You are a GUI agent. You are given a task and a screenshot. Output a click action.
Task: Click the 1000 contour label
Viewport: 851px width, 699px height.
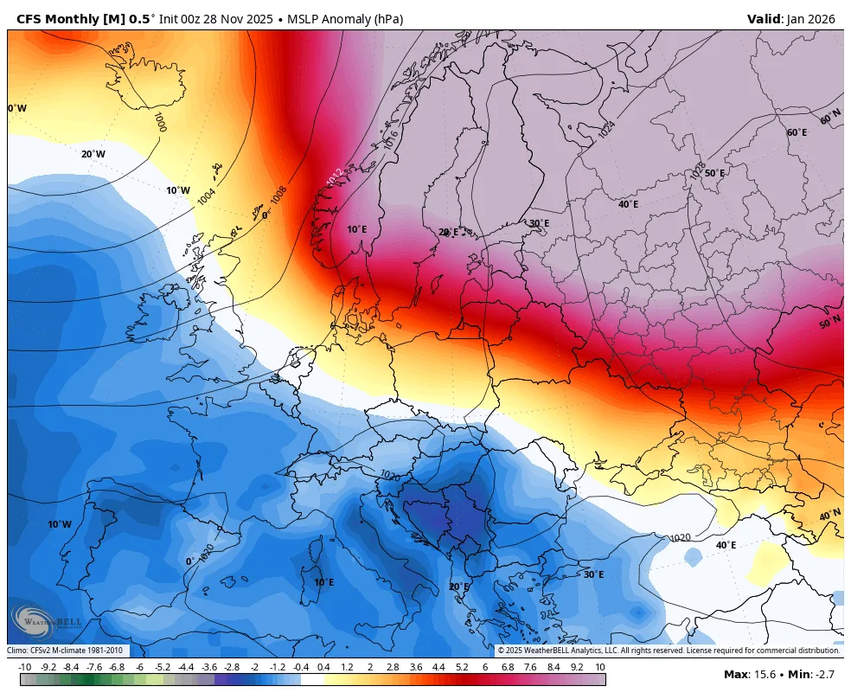[160, 121]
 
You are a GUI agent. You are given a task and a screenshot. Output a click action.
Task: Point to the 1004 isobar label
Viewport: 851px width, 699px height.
[207, 196]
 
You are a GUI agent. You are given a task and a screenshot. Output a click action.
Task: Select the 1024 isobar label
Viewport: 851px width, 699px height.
[607, 129]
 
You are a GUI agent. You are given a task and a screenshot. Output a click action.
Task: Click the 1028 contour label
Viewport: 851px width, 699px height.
[697, 171]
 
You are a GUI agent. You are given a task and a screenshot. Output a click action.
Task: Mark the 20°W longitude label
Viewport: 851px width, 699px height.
[93, 154]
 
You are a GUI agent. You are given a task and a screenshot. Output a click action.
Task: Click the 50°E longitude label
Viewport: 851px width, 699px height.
[714, 173]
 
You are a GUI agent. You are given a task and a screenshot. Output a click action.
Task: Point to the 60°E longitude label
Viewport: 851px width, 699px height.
[797, 132]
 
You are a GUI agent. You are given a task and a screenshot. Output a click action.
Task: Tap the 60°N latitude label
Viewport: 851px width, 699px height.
[830, 118]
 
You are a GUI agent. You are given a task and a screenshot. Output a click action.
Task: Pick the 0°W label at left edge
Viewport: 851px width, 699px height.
[17, 108]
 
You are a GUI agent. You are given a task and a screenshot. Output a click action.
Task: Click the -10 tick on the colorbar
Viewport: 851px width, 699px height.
[25, 667]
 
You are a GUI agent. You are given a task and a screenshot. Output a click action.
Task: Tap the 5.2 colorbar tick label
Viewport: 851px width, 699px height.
[461, 667]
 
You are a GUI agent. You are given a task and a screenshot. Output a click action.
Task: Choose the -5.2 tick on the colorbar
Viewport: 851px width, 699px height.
[163, 667]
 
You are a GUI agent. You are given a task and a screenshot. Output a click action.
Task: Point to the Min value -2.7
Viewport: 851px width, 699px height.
[824, 674]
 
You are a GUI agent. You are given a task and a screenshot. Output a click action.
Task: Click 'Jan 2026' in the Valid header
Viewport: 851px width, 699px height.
[815, 18]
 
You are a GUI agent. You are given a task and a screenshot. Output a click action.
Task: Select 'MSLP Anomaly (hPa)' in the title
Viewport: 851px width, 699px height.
[345, 18]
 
